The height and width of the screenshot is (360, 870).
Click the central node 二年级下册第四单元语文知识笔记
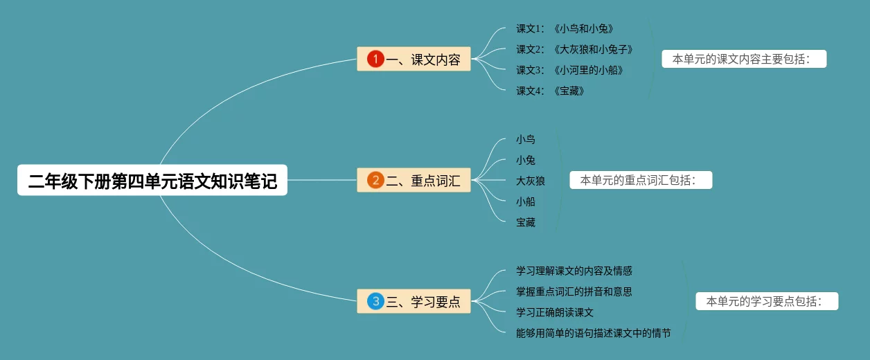(152, 181)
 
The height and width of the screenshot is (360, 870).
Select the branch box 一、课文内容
(414, 60)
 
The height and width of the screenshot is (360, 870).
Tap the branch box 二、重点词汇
(414, 181)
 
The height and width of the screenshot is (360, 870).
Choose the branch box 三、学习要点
(414, 301)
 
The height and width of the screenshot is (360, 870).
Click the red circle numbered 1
(375, 60)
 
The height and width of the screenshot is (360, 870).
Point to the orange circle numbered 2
(375, 181)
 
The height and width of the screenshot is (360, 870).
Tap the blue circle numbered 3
(375, 301)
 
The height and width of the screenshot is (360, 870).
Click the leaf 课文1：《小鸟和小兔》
(565, 29)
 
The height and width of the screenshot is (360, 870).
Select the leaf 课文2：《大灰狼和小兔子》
(574, 50)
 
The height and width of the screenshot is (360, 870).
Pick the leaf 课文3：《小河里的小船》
(569, 71)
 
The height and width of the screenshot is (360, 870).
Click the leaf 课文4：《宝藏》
(550, 91)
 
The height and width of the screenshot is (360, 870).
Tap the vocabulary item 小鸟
(526, 140)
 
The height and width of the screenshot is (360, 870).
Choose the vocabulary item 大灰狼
(531, 181)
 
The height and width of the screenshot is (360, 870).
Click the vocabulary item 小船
(526, 202)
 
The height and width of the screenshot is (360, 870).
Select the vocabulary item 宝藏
(526, 223)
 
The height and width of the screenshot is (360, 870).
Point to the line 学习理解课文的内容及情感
(574, 271)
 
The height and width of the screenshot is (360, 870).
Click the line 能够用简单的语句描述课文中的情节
(594, 333)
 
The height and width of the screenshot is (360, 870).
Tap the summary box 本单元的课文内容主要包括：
(744, 60)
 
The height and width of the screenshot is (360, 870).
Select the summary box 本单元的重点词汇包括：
(641, 181)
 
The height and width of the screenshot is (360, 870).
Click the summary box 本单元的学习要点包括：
(767, 301)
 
